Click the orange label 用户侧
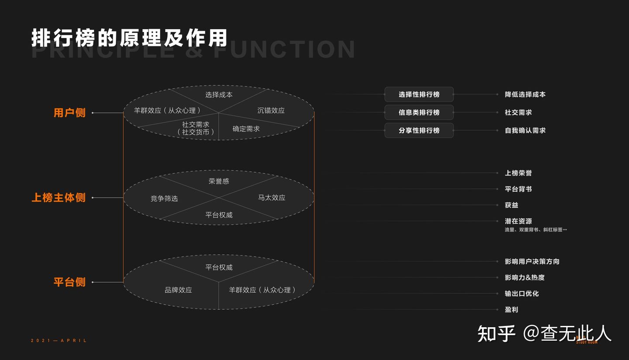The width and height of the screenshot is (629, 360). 69,113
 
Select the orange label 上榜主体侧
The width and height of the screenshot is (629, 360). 59,197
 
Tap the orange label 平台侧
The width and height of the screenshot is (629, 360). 69,282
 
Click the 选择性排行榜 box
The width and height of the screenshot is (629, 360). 419,94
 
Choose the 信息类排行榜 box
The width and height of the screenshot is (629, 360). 419,112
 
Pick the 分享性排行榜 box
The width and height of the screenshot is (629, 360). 419,130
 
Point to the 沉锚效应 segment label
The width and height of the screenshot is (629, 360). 271,111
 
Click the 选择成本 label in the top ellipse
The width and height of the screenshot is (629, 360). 219,94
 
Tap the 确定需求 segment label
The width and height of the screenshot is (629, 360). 246,129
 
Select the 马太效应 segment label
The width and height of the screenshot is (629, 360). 271,197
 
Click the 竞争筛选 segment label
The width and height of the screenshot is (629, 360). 164,198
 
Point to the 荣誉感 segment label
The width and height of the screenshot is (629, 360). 219,181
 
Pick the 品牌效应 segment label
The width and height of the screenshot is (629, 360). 178,290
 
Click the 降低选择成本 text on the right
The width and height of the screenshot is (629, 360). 525,94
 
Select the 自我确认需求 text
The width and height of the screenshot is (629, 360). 525,130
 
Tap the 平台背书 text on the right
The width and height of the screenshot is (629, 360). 518,189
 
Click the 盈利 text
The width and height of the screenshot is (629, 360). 511,310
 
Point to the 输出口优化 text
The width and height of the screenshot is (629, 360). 522,294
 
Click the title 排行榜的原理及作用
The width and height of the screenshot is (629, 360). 129,38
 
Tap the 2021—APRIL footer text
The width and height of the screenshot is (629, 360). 59,340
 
